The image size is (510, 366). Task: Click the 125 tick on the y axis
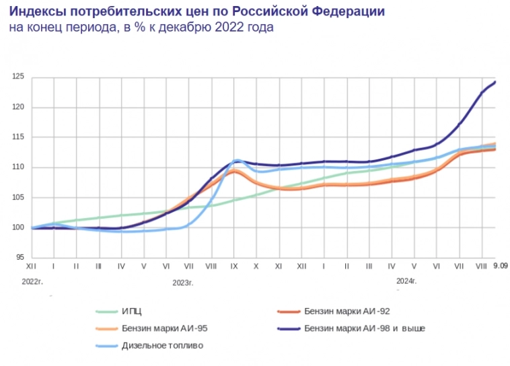[19, 77]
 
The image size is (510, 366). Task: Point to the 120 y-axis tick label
[19, 108]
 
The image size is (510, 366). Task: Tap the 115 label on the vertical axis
[19, 137]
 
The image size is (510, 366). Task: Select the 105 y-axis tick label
[19, 197]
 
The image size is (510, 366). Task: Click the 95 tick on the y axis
[20, 257]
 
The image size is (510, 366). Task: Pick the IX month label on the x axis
[234, 266]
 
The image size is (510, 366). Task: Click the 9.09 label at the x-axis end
[500, 266]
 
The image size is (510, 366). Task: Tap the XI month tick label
[279, 266]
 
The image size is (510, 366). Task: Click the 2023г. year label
[182, 283]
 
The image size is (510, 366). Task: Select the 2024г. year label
[406, 281]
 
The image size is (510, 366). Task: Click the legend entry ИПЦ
[132, 312]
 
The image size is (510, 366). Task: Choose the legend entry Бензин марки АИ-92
[347, 312]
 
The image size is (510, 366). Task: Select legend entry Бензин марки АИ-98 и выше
[364, 328]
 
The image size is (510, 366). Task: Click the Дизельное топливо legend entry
[162, 345]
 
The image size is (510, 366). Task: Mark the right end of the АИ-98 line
[495, 82]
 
